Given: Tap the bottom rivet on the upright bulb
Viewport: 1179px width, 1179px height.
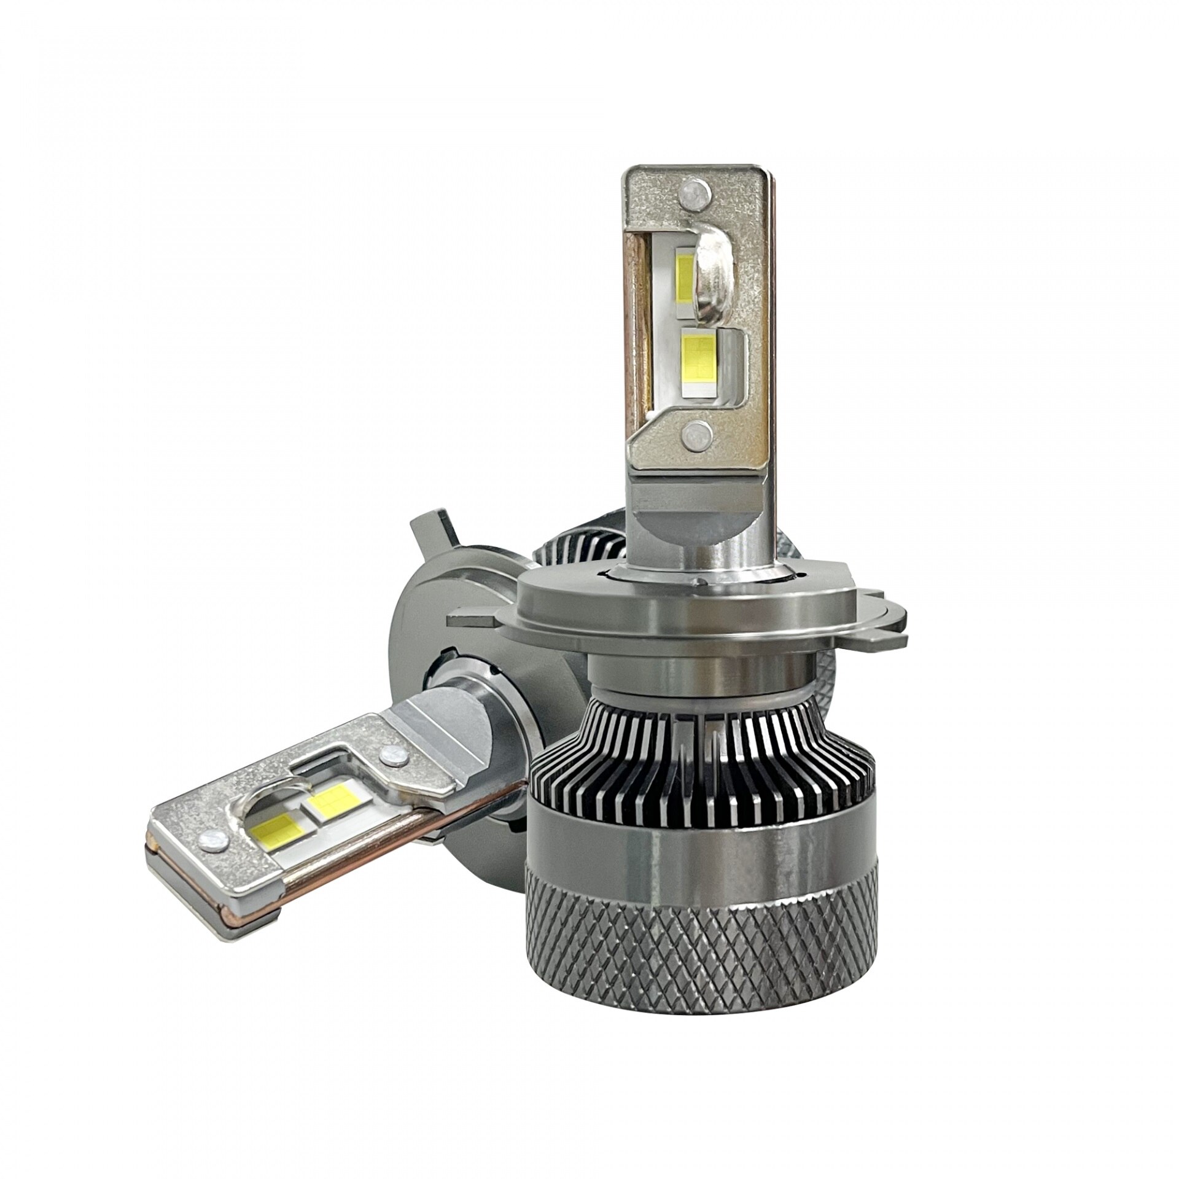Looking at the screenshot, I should pos(696,435).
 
